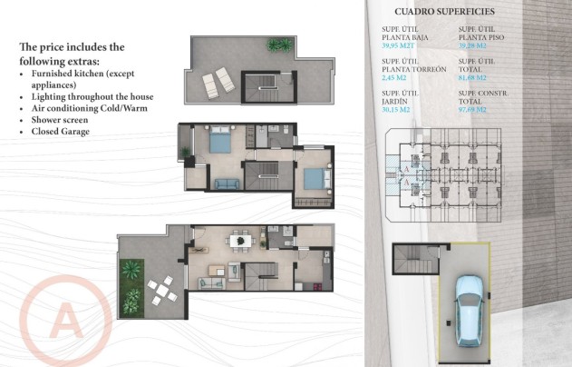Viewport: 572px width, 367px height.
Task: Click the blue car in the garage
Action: (469, 310)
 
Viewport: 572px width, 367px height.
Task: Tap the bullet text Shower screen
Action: (62, 119)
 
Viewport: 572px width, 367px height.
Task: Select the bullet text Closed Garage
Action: (63, 131)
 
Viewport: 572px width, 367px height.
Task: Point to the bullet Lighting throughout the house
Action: (92, 95)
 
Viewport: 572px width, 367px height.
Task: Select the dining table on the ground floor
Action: (239, 241)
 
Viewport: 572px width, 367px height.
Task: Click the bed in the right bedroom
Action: (313, 178)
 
